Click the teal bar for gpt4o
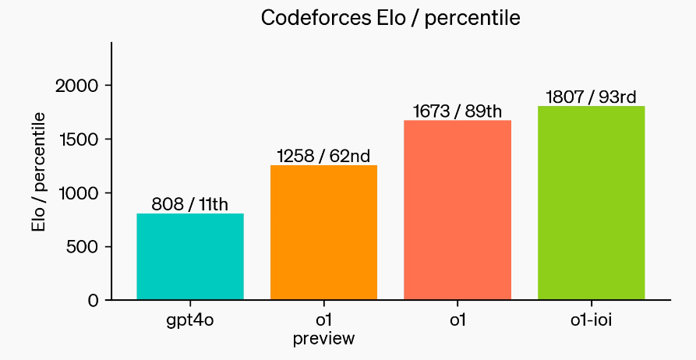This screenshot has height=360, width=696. [190, 256]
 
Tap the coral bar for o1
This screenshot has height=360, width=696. [458, 210]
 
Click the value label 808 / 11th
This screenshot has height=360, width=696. [190, 205]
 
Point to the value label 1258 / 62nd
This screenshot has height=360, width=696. [323, 156]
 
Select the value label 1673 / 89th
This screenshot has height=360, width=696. [458, 111]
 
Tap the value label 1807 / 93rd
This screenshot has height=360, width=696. [591, 97]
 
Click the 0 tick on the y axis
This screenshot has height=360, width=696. [93, 301]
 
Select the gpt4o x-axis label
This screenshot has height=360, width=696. [190, 319]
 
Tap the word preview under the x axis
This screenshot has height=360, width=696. [323, 339]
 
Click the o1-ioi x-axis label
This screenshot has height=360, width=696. [591, 319]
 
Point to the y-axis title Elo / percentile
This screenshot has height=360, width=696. [38, 171]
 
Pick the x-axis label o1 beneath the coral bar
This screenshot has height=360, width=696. [458, 319]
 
